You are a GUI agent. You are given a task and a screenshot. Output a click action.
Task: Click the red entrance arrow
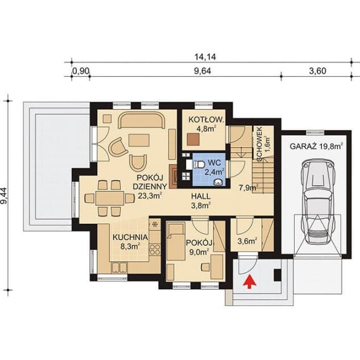pos(250,282)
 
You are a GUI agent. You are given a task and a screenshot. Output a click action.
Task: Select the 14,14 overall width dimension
pos(205,57)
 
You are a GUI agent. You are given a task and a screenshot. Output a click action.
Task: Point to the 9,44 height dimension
pos(4,195)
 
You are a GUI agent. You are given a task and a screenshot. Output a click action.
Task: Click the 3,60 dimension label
pos(317,71)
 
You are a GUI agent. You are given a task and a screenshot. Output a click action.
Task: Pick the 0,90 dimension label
pos(81,71)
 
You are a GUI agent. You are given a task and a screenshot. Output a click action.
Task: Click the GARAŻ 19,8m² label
pos(316,146)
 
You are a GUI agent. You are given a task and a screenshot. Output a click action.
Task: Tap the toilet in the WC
pos(199,165)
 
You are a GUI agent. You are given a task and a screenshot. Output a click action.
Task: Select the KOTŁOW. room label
pos(206,120)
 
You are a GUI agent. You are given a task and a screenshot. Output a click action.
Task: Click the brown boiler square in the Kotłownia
pos(193,140)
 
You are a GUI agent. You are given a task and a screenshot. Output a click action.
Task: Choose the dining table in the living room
pos(110,198)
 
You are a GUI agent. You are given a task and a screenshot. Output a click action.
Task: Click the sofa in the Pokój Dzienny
pos(141,120)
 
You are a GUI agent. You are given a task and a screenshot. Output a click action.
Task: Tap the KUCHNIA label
pos(130,237)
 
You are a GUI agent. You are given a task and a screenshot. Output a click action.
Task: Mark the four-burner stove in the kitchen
pos(155,249)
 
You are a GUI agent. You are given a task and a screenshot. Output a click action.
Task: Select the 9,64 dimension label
pos(203,71)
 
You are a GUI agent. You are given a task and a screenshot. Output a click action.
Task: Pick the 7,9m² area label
pos(249,188)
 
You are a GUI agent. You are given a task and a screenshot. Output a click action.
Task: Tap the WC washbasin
pos(218,182)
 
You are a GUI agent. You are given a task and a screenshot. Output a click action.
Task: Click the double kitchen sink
pos(119,267)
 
